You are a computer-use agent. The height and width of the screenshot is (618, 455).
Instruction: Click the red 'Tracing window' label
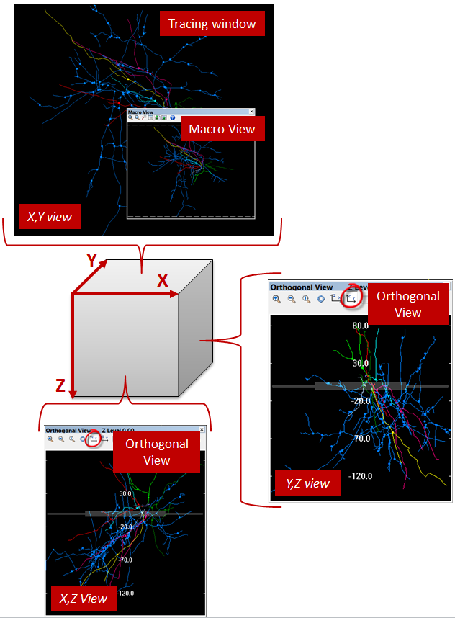coord(212,24)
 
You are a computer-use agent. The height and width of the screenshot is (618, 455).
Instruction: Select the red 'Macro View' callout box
coord(221,129)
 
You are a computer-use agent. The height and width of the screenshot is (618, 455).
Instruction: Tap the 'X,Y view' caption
coord(49,215)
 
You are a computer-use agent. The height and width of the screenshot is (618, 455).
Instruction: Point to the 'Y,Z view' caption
coord(307,483)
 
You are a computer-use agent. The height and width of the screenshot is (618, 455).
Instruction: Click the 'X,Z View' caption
coord(83,598)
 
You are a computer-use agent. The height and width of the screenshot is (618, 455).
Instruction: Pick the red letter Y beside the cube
coord(92,261)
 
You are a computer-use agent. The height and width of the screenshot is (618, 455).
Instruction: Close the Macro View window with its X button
coord(251,112)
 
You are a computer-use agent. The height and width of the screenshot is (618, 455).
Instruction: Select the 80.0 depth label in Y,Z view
coord(360,326)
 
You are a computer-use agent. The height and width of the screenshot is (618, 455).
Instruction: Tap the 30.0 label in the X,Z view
coord(125,493)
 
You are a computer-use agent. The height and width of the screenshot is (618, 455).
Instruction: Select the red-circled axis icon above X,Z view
coord(93,439)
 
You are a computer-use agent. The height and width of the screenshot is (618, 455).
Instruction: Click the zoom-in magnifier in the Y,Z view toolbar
coord(276,298)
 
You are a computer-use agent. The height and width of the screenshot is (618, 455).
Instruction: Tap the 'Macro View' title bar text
coord(140,112)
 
